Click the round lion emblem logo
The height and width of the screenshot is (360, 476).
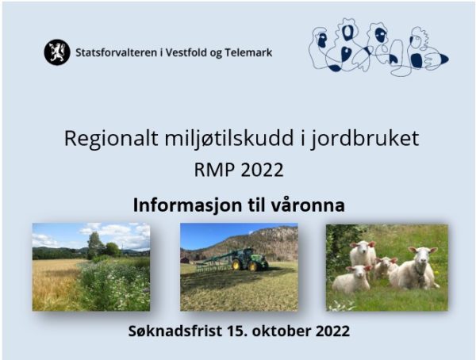click(57, 52)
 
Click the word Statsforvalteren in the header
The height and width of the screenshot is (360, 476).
click(116, 52)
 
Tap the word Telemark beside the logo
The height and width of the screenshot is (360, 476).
click(248, 52)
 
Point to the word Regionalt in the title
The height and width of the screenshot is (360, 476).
click(111, 139)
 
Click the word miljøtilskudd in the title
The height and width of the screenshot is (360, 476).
click(229, 139)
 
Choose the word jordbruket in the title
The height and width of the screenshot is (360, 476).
click(365, 139)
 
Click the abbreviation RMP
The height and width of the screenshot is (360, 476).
click(214, 170)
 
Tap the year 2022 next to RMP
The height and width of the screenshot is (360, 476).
click(263, 170)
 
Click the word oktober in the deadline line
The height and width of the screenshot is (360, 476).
click(282, 331)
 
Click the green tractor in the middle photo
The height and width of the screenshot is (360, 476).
click(250, 259)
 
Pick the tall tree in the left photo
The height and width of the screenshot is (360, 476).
click(95, 245)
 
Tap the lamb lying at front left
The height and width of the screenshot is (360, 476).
click(352, 278)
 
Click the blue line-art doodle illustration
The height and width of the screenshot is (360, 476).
click(378, 48)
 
